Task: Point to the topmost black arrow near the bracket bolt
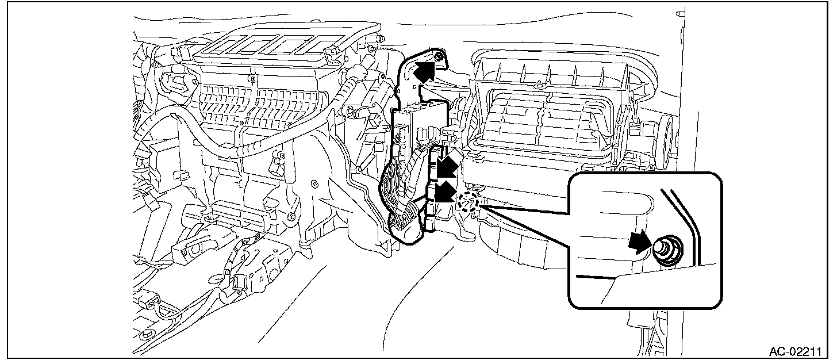coord(423,71)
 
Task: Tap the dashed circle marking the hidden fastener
coord(469,202)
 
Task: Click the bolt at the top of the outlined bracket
coord(439,56)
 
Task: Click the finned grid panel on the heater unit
coord(253,101)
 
